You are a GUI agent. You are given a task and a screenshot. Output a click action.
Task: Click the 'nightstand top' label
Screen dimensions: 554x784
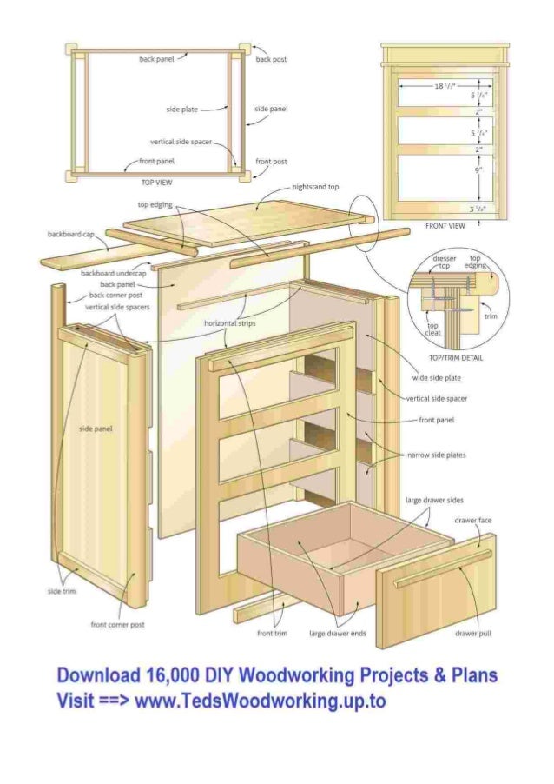(x=316, y=187)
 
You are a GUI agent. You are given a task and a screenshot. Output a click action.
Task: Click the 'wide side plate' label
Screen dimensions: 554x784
(x=436, y=378)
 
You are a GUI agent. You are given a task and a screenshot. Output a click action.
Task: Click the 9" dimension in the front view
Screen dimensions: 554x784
(x=478, y=170)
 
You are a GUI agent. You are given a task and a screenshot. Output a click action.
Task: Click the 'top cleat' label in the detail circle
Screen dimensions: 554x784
(x=432, y=329)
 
